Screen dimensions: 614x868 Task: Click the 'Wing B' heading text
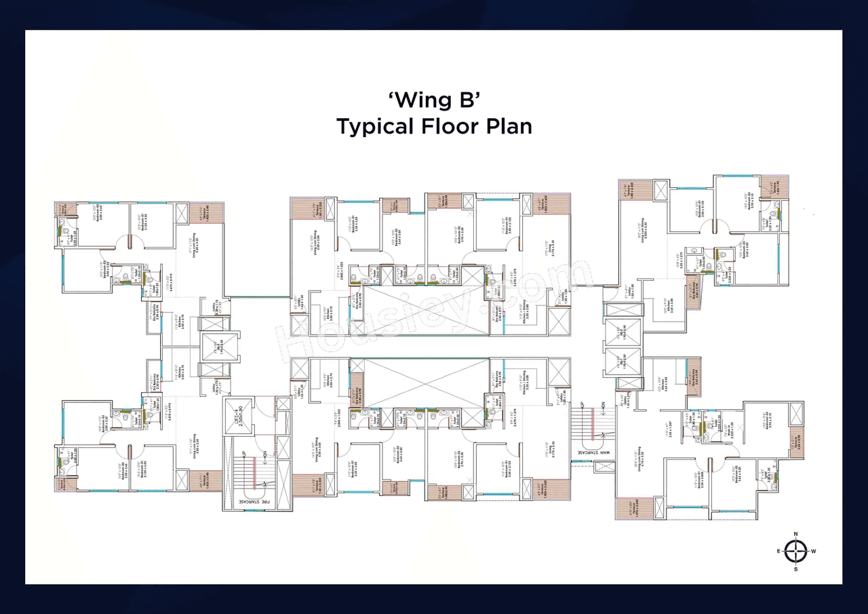[x=434, y=100]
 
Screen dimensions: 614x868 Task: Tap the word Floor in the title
[x=456, y=127]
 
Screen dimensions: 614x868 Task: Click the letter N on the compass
[x=795, y=534]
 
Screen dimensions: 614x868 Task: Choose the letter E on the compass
[x=778, y=552]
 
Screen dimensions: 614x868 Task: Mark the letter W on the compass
[x=813, y=552]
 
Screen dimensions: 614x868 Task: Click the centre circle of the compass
[x=795, y=552]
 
